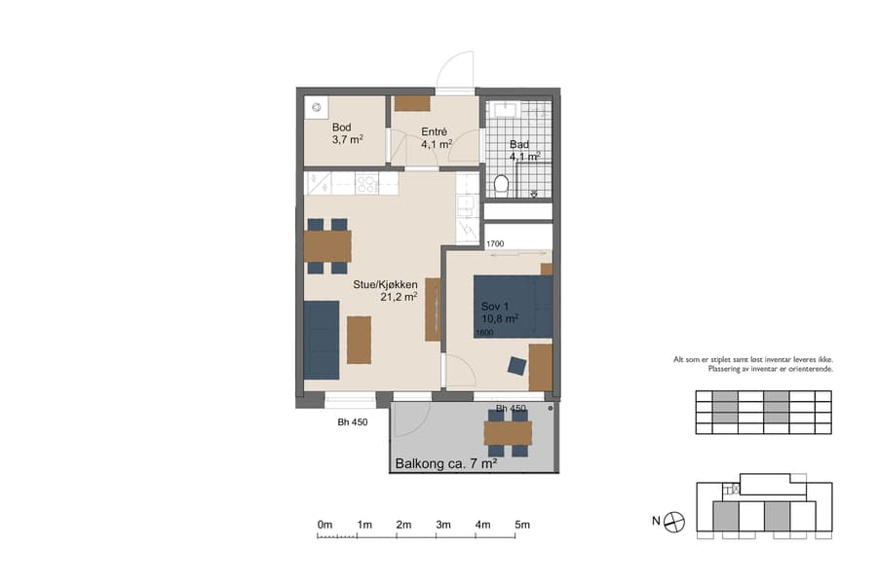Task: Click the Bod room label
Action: point(341,128)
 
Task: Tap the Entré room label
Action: point(434,131)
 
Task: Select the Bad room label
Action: point(519,144)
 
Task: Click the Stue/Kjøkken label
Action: point(385,284)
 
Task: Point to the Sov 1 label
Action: point(495,307)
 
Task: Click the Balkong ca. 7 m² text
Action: point(446,464)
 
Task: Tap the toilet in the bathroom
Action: point(502,184)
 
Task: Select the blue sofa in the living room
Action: point(321,340)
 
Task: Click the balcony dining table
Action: point(508,432)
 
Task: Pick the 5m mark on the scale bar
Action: point(522,525)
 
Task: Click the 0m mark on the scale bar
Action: point(324,525)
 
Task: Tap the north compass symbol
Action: point(675,523)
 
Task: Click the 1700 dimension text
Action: point(494,244)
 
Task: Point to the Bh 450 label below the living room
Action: point(352,422)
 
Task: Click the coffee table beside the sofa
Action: point(359,340)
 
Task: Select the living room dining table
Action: point(327,246)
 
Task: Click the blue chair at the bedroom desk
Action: point(516,366)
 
